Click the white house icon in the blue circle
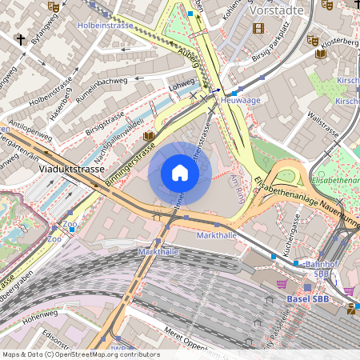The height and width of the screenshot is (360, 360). coord(180,173)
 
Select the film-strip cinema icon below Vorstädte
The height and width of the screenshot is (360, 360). coord(258,28)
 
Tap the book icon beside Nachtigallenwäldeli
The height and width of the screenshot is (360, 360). coord(148,136)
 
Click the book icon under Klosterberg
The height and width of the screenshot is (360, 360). coord(321,54)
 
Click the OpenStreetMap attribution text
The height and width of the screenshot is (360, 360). coord(80,354)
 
